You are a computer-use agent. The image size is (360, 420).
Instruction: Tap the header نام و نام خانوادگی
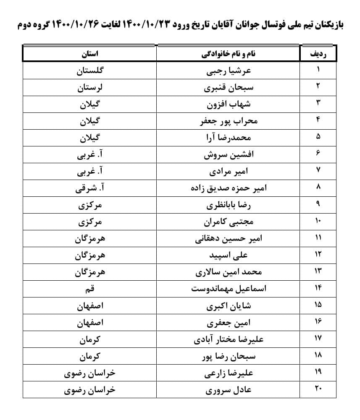(x=227, y=55)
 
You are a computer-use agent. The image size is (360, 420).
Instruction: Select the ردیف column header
(x=318, y=55)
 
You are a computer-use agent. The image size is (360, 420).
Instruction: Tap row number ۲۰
(x=318, y=390)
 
